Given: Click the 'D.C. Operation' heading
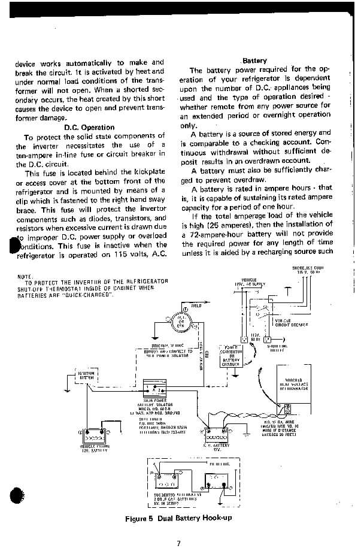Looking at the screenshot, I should click(x=89, y=127).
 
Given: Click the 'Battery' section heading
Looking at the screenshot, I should click(x=254, y=60).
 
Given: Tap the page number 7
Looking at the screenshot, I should click(x=178, y=544).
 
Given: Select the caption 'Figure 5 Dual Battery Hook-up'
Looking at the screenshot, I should click(x=178, y=518).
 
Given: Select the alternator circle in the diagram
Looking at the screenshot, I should click(x=181, y=322).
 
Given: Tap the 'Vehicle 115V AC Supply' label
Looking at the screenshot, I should click(x=253, y=282).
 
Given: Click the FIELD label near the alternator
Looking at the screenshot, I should click(x=196, y=306).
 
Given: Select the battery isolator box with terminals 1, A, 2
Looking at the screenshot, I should click(x=155, y=389).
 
